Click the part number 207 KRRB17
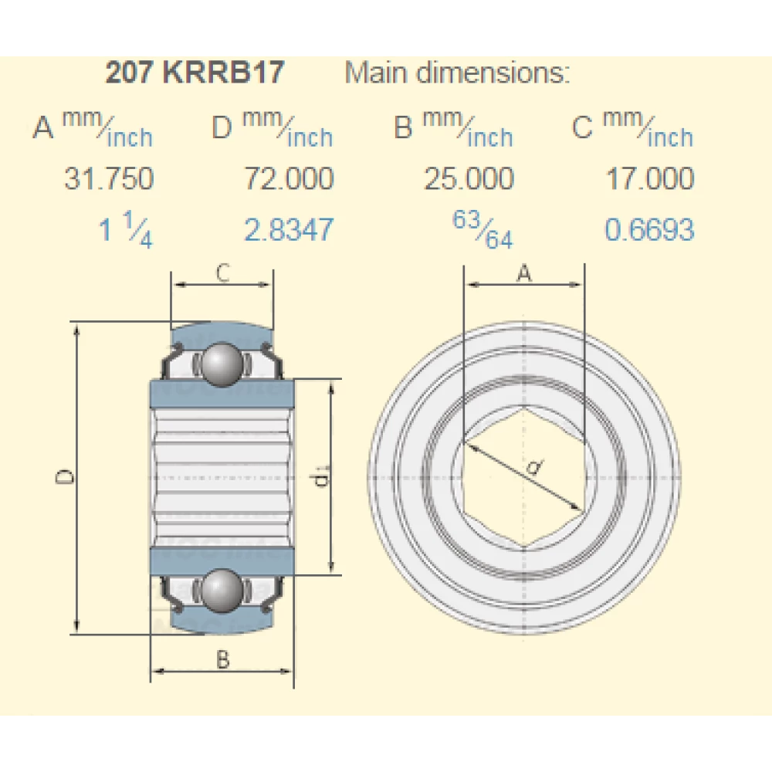tap(195, 73)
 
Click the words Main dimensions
tap(457, 73)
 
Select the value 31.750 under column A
tap(108, 179)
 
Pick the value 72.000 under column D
tap(289, 179)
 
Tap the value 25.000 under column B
tap(468, 179)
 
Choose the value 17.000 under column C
tap(649, 179)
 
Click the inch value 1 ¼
tap(126, 230)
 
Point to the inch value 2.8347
tap(289, 230)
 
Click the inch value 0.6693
tap(649, 230)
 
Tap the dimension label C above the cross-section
tap(222, 273)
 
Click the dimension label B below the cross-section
tap(222, 659)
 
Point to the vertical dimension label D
tap(67, 477)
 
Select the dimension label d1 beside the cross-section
tap(321, 479)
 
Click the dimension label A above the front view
tap(523, 273)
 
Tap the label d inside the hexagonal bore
tap(533, 467)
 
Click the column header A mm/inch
tap(93, 127)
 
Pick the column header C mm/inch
tap(633, 127)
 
